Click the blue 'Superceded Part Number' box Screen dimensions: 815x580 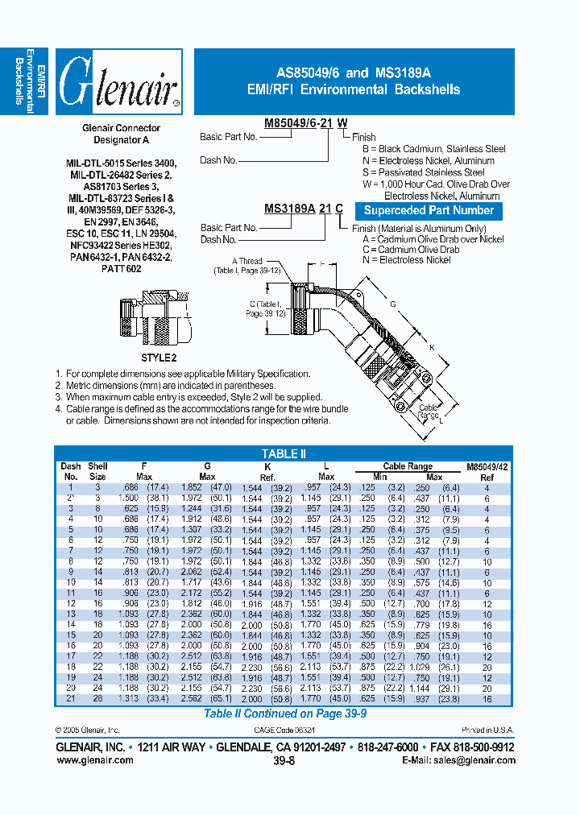(x=429, y=211)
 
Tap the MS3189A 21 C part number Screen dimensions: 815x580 (x=304, y=209)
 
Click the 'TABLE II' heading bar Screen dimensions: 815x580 (x=284, y=453)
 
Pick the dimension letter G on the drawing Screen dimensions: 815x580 (x=392, y=304)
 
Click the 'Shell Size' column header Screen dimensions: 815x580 (x=97, y=471)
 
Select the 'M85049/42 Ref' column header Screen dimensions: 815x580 (x=487, y=471)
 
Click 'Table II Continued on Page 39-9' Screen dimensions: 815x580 (x=283, y=713)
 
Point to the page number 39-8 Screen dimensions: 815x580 (x=284, y=760)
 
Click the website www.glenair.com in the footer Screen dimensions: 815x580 (x=94, y=760)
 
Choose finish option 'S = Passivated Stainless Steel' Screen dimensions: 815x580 (x=424, y=172)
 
